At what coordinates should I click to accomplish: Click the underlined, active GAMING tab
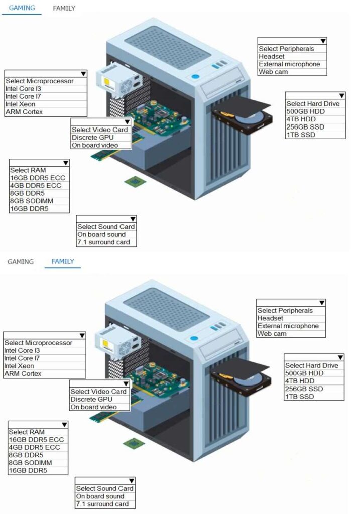coord(21,8)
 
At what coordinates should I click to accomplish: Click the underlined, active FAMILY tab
coord(63,262)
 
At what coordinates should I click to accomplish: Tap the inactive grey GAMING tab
coord(21,262)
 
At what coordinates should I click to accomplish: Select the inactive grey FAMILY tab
coord(64,8)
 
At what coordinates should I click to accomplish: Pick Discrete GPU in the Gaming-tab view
coord(93,138)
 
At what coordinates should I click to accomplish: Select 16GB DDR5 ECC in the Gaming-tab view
coord(38,178)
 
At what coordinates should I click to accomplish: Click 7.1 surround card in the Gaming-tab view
coord(103,242)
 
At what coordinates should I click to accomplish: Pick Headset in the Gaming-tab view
coord(271,57)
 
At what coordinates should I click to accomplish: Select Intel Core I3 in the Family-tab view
coord(22,351)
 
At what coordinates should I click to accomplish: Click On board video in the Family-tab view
coord(94,407)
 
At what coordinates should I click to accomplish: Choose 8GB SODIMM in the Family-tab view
coord(31,463)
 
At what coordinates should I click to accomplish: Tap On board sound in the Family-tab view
coord(100,496)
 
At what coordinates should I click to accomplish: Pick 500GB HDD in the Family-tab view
coord(305,373)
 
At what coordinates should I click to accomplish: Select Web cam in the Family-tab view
coord(272,334)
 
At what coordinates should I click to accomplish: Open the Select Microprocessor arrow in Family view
coord(82,335)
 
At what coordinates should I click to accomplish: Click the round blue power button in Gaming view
coord(196,77)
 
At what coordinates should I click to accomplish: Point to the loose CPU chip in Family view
coord(132,443)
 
